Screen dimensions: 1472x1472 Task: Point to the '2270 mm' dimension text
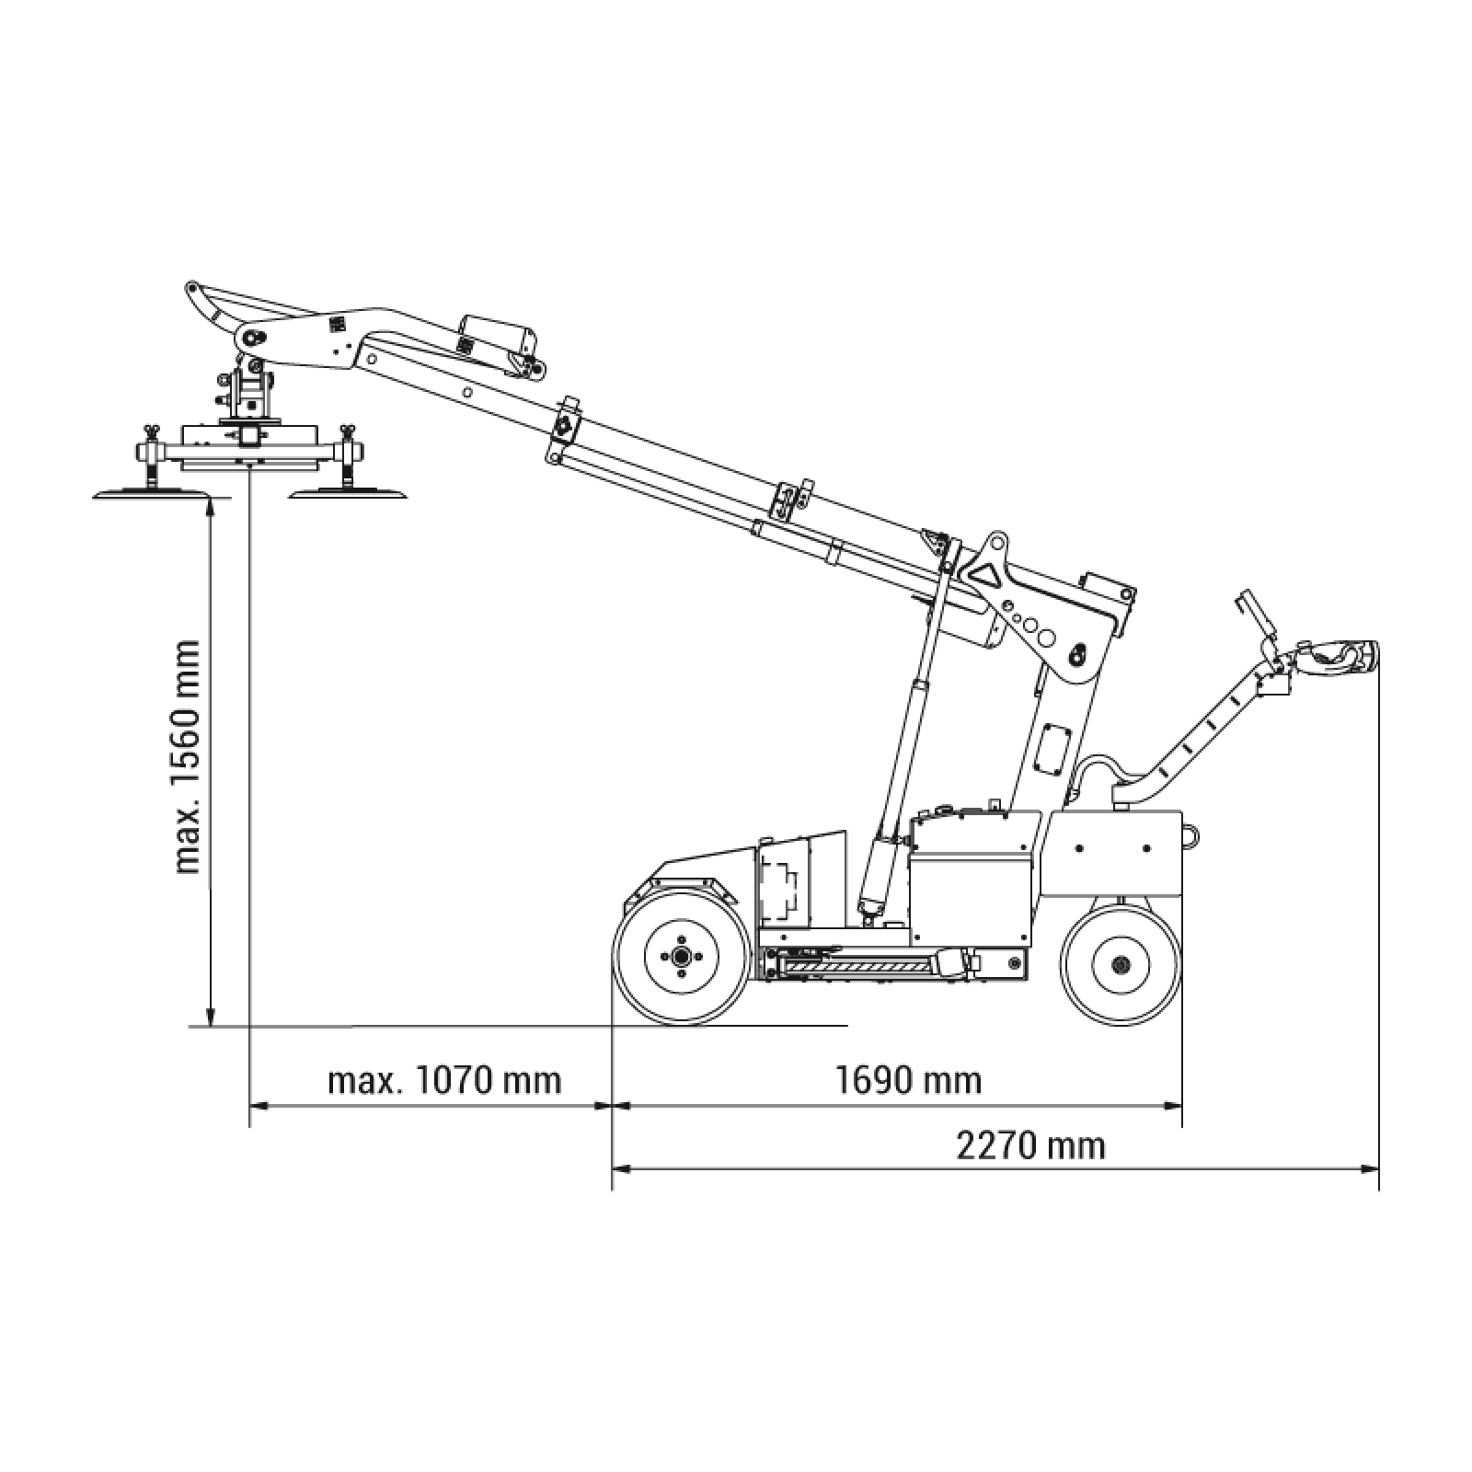[1030, 1145]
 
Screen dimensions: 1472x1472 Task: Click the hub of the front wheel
[681, 958]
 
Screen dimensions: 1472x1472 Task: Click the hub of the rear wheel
[1121, 964]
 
